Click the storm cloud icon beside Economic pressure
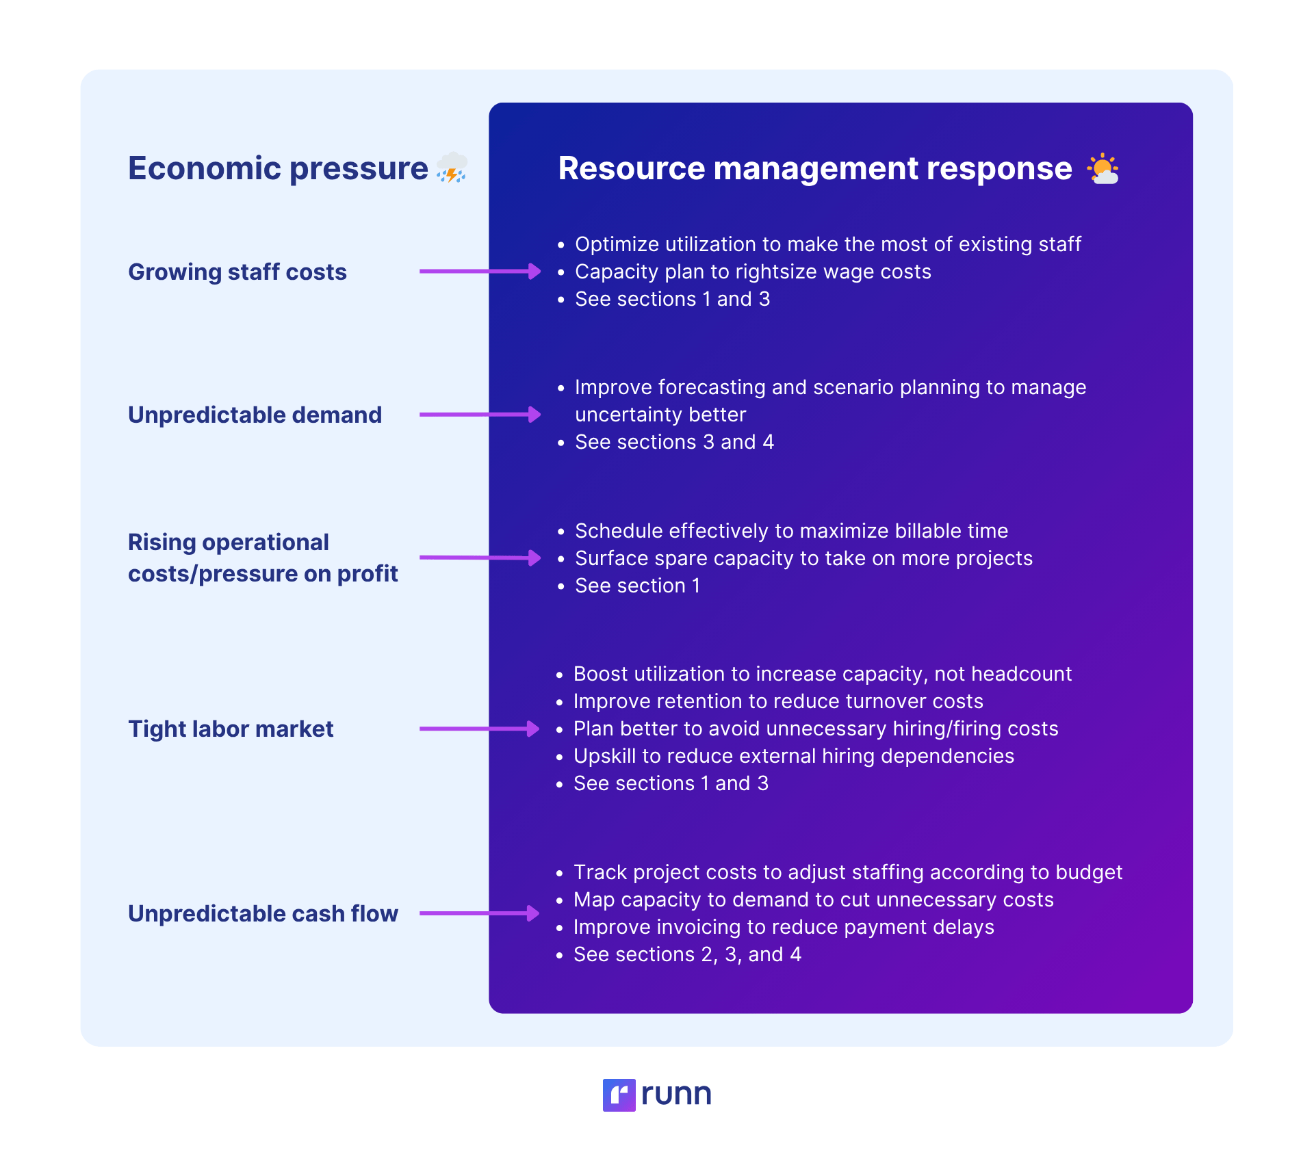(452, 168)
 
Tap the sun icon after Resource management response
(1103, 169)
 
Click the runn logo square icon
(619, 1095)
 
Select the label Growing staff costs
(237, 272)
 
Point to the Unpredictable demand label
(255, 415)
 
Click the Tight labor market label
(231, 729)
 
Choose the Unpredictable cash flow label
(263, 913)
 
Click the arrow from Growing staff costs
(480, 272)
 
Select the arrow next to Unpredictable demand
(480, 415)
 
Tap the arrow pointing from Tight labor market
(480, 729)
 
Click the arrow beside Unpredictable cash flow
(480, 913)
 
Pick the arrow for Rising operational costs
(480, 558)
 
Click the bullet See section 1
(637, 586)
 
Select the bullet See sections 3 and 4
(674, 442)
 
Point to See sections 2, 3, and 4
(687, 954)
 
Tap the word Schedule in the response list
(619, 531)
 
